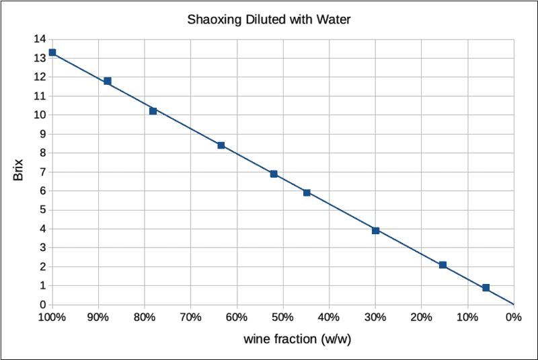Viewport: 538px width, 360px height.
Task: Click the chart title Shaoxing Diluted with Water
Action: (269, 20)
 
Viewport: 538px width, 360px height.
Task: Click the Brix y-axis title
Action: (18, 172)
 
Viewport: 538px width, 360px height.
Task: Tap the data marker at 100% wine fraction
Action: (52, 52)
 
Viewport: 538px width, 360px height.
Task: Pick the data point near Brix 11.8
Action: (107, 81)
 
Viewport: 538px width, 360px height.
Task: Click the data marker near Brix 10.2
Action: (153, 111)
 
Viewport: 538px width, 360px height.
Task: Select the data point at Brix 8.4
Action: (221, 145)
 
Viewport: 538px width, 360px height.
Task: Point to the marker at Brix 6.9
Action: (274, 174)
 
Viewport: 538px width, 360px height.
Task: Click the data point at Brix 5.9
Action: (307, 192)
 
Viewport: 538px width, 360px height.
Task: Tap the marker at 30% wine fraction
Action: (376, 230)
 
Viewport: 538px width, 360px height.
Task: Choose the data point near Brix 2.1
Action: (443, 265)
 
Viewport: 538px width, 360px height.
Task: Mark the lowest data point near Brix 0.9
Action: (486, 288)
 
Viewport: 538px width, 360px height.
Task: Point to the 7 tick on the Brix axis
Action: (42, 172)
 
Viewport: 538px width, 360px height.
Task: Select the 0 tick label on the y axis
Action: (42, 305)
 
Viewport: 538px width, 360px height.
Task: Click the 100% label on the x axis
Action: (52, 317)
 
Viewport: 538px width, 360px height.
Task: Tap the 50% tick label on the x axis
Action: (283, 317)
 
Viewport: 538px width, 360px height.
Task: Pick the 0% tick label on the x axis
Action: (514, 317)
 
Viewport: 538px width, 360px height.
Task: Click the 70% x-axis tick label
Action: (191, 317)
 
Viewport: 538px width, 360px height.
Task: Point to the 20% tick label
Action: (421, 317)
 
